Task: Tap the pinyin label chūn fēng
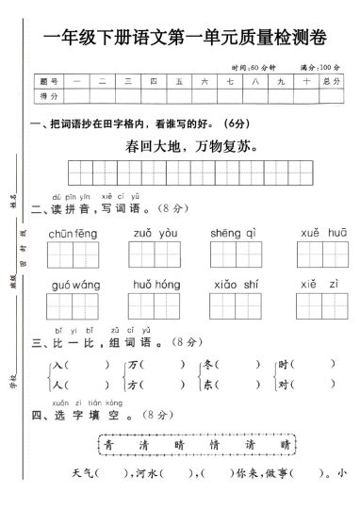click(x=74, y=233)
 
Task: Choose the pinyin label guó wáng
click(x=74, y=284)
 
